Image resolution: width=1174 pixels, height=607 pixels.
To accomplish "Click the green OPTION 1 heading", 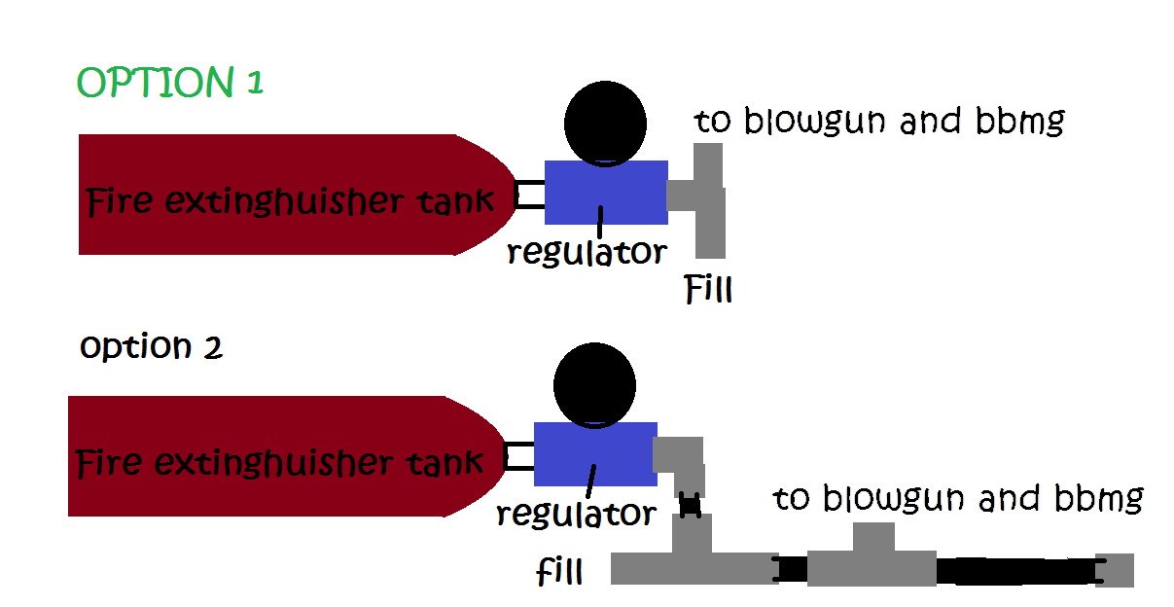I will (x=170, y=84).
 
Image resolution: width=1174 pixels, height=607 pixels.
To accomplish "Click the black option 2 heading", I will (x=151, y=346).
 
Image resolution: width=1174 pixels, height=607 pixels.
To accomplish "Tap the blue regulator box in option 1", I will (x=606, y=193).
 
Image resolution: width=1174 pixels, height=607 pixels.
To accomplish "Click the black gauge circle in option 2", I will (x=594, y=384).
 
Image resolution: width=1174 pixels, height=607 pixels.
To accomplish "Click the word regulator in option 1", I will (x=587, y=252).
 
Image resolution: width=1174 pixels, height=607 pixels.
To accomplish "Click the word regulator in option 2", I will (x=576, y=514).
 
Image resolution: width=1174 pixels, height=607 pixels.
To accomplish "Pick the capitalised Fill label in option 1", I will (x=708, y=290).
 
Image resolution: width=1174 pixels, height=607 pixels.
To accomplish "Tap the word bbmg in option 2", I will (x=1098, y=500).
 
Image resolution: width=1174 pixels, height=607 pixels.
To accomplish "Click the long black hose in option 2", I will (x=1015, y=570).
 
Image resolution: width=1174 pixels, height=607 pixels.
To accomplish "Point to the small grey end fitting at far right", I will (x=1118, y=570).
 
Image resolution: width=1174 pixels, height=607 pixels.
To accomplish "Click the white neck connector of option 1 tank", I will (x=529, y=194).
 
